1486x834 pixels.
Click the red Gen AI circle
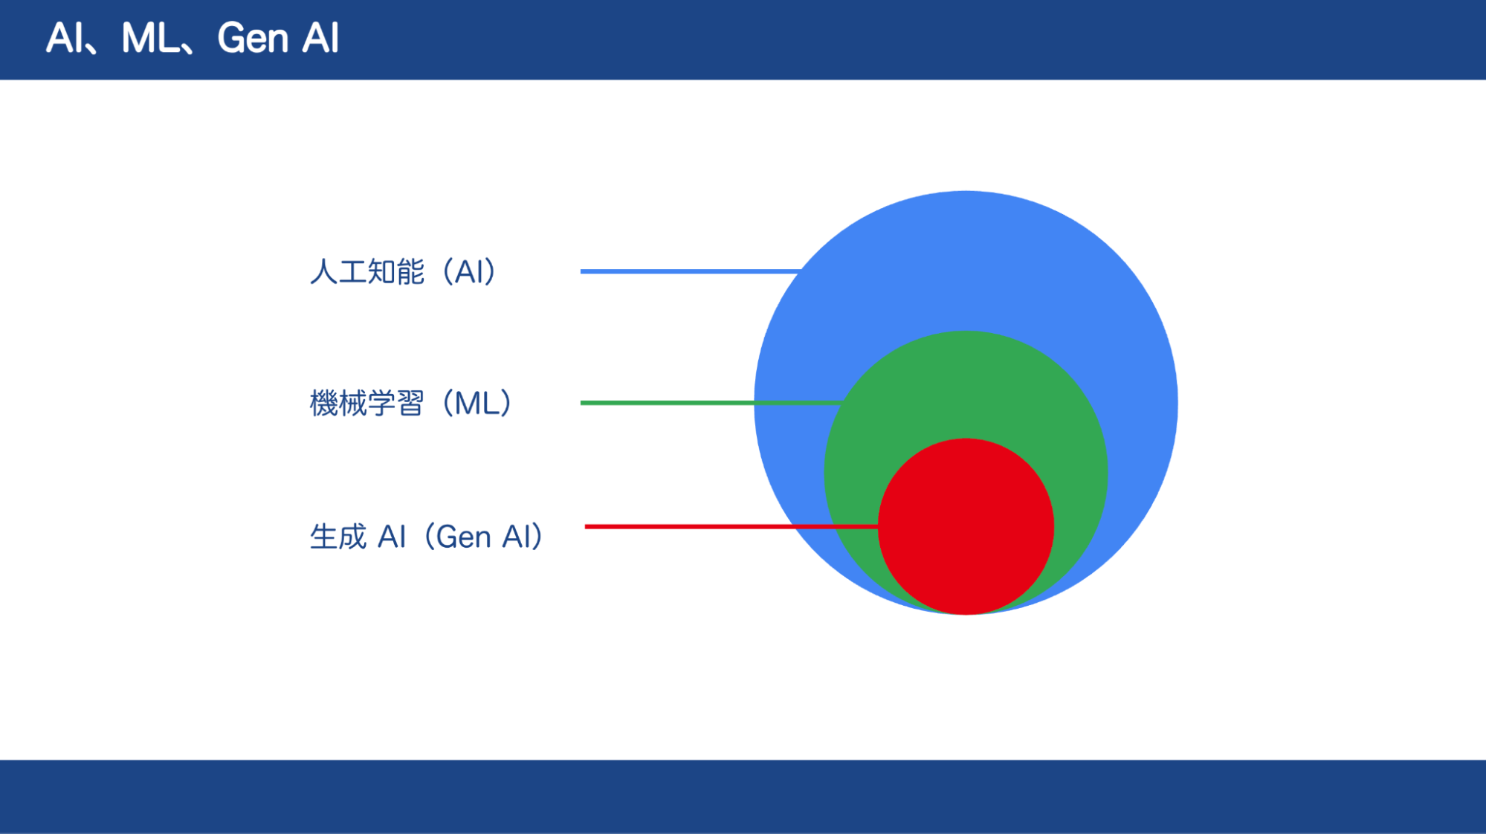[x=966, y=526]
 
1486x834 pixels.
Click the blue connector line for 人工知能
[x=690, y=271]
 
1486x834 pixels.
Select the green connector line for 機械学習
[x=711, y=403]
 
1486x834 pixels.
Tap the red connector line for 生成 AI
[x=731, y=526]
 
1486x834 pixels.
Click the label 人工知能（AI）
[x=402, y=272]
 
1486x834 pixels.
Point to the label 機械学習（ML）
[x=410, y=404]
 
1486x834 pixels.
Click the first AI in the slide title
[x=64, y=38]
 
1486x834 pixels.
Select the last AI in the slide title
[x=320, y=38]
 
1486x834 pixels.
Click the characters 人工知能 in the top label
[x=367, y=272]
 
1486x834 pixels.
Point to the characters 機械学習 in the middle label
[x=367, y=404]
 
